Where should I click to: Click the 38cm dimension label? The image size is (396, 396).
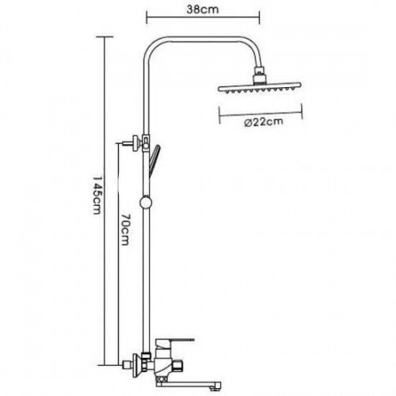pyautogui.click(x=203, y=10)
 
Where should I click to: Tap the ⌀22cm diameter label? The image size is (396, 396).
pyautogui.click(x=264, y=122)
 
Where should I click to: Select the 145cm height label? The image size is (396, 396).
pyautogui.click(x=97, y=196)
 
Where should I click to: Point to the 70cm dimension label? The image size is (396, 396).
pyautogui.click(x=124, y=229)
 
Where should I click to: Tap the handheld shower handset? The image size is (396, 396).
pyautogui.click(x=154, y=160)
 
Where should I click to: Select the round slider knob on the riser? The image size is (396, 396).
pyautogui.click(x=146, y=203)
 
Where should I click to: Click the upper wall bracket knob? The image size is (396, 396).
pyautogui.click(x=137, y=143)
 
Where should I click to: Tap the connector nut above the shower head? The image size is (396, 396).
pyautogui.click(x=260, y=75)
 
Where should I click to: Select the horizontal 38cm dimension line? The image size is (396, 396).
pyautogui.click(x=203, y=17)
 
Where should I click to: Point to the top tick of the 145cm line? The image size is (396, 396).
pyautogui.click(x=105, y=37)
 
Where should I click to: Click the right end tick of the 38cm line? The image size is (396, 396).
pyautogui.click(x=260, y=17)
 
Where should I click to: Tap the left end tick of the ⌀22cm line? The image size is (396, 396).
pyautogui.click(x=219, y=115)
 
